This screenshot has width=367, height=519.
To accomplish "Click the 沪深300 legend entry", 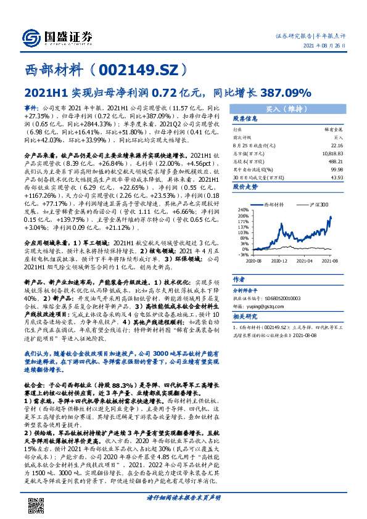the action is tap(316, 203).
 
